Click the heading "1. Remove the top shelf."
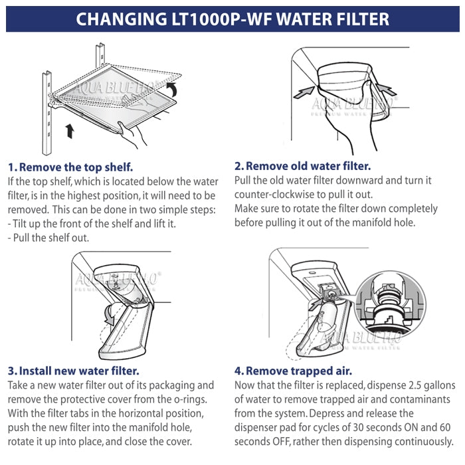[70, 167]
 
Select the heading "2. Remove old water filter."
[302, 166]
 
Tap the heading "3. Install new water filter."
[73, 371]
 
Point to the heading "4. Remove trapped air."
[293, 371]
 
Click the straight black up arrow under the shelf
[70, 131]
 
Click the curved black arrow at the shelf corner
[172, 89]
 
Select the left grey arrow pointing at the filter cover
[304, 93]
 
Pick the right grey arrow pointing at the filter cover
[386, 89]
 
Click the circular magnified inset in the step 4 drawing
[391, 305]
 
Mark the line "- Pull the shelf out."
[48, 238]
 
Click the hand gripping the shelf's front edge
[132, 134]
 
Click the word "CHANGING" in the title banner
[122, 19]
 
